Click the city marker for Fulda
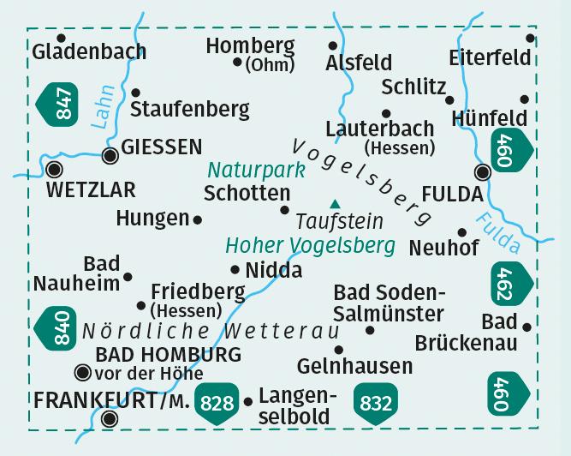pos(483,173)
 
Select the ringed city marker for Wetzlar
pos(56,169)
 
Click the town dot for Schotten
pos(284,210)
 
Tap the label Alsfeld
pos(359,63)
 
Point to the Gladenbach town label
pos(89,52)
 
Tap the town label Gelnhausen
pos(354,367)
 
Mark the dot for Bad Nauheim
pos(128,276)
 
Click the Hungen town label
pos(152,219)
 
